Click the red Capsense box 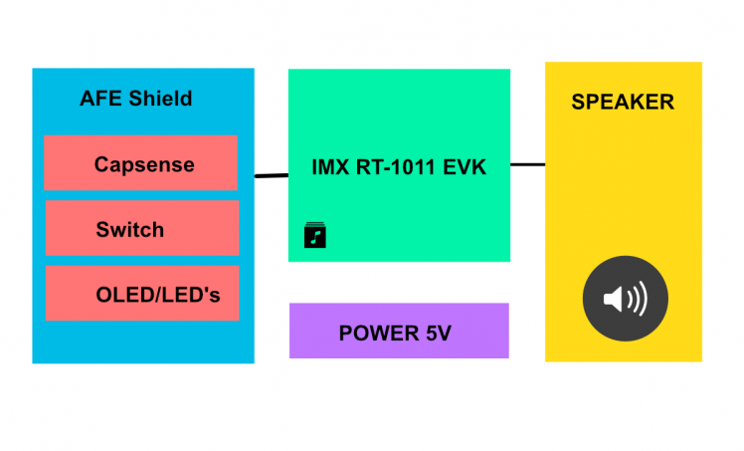coord(140,162)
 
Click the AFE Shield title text coord(135,99)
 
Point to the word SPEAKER coord(622,102)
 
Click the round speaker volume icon coord(625,298)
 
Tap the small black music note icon coord(314,236)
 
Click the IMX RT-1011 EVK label coord(399,166)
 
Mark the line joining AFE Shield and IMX coord(271,176)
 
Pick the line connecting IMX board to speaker coord(527,164)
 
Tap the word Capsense coord(144,164)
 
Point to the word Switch coord(129,230)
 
